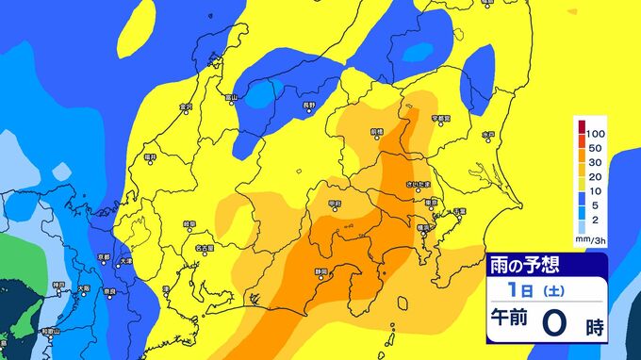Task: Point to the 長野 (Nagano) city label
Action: [x=309, y=105]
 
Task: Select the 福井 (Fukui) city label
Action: [x=151, y=157]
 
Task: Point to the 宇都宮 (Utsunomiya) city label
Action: [x=441, y=118]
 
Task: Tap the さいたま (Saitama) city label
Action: [x=416, y=185]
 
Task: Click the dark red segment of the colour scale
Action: [x=582, y=128]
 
